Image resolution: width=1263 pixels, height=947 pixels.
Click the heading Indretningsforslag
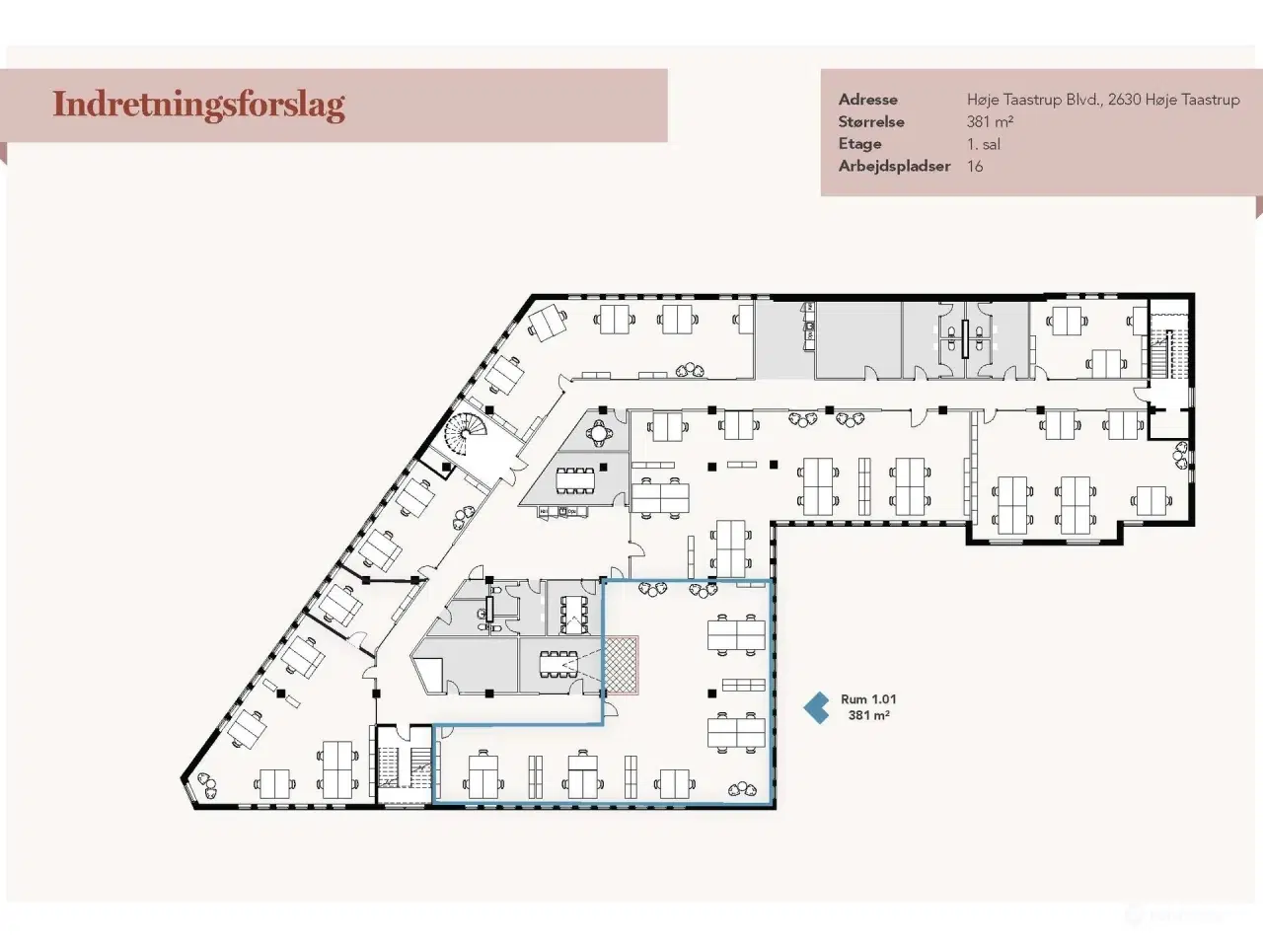198,105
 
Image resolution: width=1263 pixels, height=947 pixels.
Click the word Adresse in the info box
867,100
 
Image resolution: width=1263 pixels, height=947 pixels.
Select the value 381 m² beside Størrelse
990,122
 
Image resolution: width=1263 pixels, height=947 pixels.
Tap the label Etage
858,144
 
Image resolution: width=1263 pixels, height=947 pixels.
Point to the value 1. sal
983,144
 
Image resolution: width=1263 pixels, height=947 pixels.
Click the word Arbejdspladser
894,166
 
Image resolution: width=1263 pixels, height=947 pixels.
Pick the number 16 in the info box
975,166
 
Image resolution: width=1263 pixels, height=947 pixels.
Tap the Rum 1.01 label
868,699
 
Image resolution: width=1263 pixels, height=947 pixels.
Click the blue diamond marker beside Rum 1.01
816,706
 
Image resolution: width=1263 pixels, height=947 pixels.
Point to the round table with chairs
600,431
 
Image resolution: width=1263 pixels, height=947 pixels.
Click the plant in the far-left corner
209,784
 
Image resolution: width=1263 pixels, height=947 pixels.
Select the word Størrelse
871,122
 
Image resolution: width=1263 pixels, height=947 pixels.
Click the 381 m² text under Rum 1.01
868,715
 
